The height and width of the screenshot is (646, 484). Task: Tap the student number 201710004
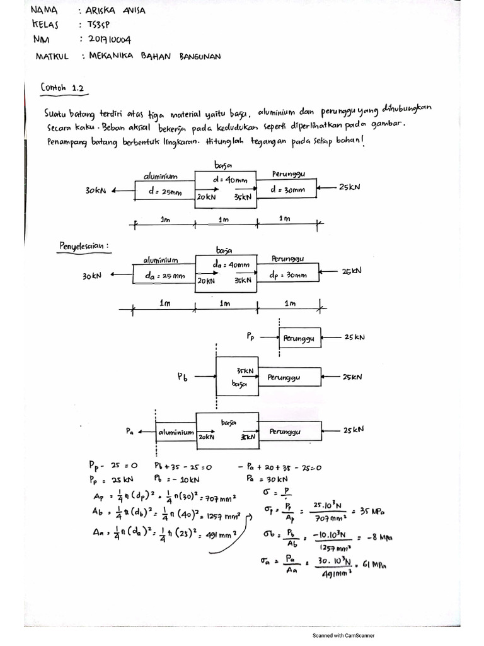106,40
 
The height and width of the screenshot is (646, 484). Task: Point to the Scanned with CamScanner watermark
348,636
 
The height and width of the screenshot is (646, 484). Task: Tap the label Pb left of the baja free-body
183,377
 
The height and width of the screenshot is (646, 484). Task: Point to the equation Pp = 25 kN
108,479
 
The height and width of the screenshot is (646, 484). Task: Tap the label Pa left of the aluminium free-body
130,431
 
